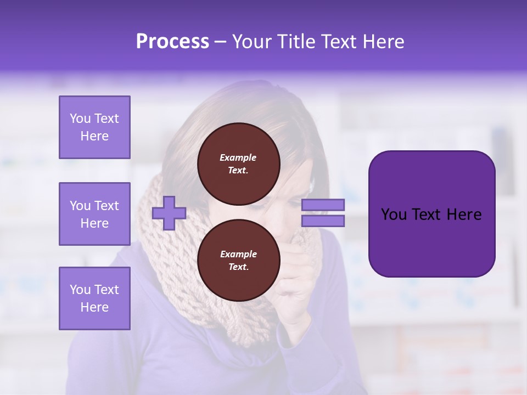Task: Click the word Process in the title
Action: [172, 42]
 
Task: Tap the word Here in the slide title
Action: [382, 42]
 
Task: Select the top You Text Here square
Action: [94, 127]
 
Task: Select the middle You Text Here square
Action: [94, 214]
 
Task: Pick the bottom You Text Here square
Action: [94, 298]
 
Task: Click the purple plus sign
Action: [169, 213]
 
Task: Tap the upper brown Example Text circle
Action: [238, 164]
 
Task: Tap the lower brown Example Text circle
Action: [238, 261]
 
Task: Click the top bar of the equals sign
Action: [323, 205]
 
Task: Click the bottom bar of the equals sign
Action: [323, 221]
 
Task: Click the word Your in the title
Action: [253, 42]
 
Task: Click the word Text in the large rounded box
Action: [431, 215]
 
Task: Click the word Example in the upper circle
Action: [238, 157]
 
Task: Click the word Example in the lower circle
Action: [238, 254]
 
